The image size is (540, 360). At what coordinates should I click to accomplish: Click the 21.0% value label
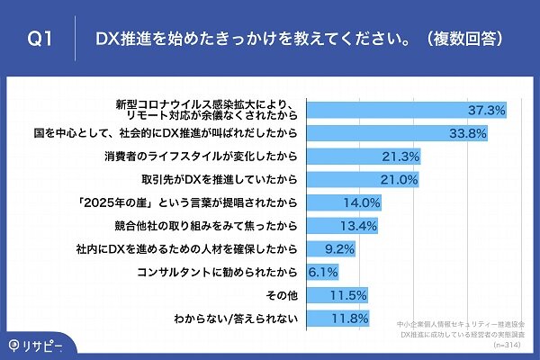(x=399, y=179)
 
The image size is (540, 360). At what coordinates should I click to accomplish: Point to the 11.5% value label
(x=347, y=294)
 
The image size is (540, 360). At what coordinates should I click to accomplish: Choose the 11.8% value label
(x=349, y=318)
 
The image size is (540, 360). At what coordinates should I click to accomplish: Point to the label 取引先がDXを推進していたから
(x=217, y=179)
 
